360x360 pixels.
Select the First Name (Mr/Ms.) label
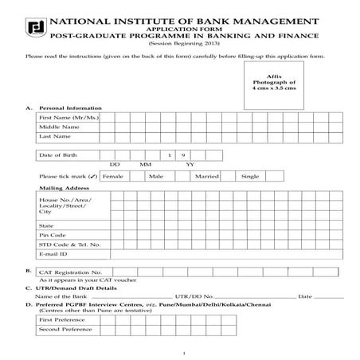tap(65, 117)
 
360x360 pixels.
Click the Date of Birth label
tap(57, 155)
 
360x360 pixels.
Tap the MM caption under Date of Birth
tap(146, 164)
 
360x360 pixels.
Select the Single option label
tap(250, 175)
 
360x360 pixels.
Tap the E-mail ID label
tap(53, 254)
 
